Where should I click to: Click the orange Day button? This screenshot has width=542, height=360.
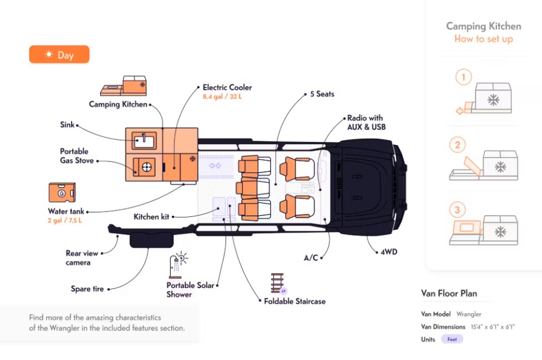(59, 55)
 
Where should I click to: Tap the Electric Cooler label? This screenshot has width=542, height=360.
(227, 87)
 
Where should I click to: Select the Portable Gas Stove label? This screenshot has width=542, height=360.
(76, 156)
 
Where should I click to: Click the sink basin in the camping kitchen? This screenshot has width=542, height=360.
(144, 142)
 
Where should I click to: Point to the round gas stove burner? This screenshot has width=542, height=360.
(146, 167)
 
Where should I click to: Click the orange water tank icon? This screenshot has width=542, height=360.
(61, 193)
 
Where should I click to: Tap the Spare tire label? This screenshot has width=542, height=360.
(87, 289)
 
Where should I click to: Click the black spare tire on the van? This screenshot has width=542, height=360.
(148, 239)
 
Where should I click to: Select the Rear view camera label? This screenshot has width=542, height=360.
(82, 258)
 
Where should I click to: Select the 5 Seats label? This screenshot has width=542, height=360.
(322, 94)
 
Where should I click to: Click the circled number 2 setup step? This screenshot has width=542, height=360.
(458, 145)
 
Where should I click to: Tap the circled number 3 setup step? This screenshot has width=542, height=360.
(458, 210)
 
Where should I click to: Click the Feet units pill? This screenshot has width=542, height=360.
(452, 339)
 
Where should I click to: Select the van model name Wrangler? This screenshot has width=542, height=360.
(469, 314)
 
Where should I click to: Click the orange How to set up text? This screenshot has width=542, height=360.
(483, 39)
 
